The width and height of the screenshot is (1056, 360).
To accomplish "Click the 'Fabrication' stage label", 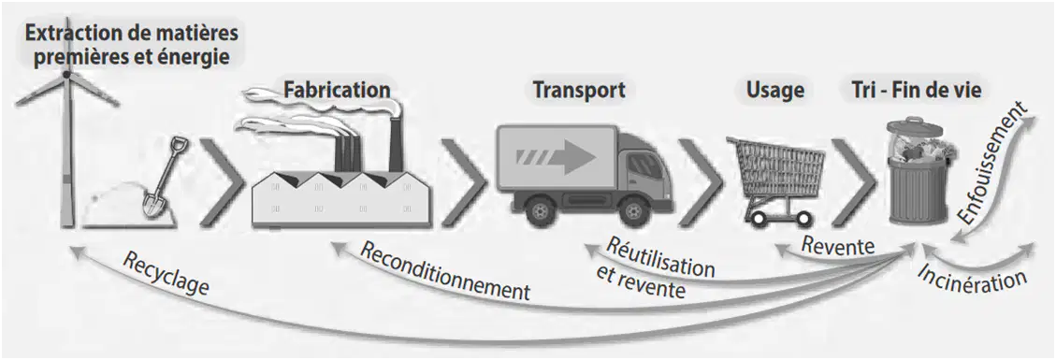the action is tap(337, 89).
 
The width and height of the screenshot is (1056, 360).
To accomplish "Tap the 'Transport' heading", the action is tap(579, 90).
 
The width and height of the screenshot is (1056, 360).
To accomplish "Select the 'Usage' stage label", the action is tap(775, 90).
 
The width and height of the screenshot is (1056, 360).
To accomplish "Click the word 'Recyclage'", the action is tap(166, 274).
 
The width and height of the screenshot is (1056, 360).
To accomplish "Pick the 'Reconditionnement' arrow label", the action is tap(445, 271).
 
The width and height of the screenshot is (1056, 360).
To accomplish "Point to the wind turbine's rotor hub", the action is tap(66, 73).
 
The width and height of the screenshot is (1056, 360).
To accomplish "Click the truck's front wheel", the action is tap(634, 211).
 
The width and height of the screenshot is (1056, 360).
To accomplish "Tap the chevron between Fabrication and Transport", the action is tap(466, 182).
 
